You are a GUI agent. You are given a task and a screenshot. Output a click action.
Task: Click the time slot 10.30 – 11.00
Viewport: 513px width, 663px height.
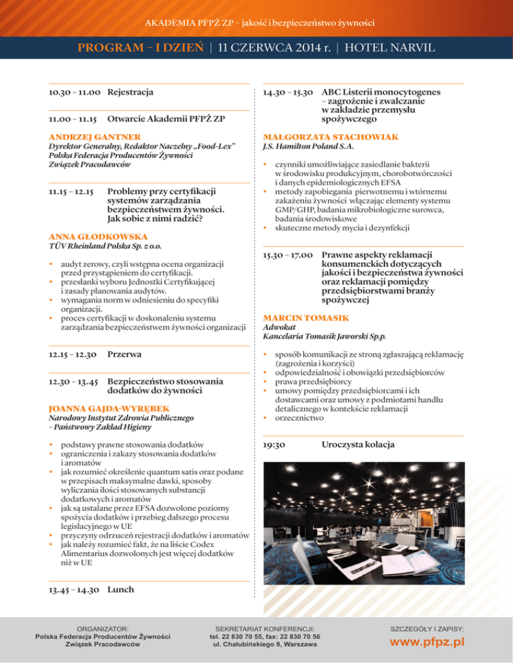pos(74,91)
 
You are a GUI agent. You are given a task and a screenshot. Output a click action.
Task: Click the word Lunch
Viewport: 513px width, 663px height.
pos(121,590)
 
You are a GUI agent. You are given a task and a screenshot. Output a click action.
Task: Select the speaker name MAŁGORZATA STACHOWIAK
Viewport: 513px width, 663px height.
pos(331,137)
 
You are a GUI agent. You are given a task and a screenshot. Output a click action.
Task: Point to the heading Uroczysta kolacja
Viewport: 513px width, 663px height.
pos(358,444)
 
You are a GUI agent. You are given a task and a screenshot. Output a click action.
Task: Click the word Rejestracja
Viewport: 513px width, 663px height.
pos(131,91)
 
